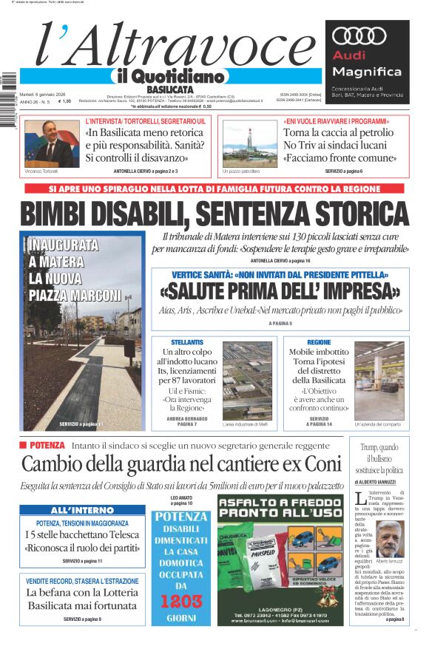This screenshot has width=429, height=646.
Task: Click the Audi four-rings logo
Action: coord(360,36)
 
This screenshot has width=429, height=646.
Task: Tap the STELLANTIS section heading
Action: coord(187,342)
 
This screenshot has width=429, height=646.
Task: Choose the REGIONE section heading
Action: coord(319,342)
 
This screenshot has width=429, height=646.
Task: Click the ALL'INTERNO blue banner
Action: coord(82,510)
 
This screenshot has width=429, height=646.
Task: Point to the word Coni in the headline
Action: coord(322,465)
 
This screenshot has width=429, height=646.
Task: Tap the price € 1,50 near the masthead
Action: coord(64,101)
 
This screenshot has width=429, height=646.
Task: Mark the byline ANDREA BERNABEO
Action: coord(187,419)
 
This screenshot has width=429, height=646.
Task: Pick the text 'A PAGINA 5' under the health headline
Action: coord(280,324)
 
